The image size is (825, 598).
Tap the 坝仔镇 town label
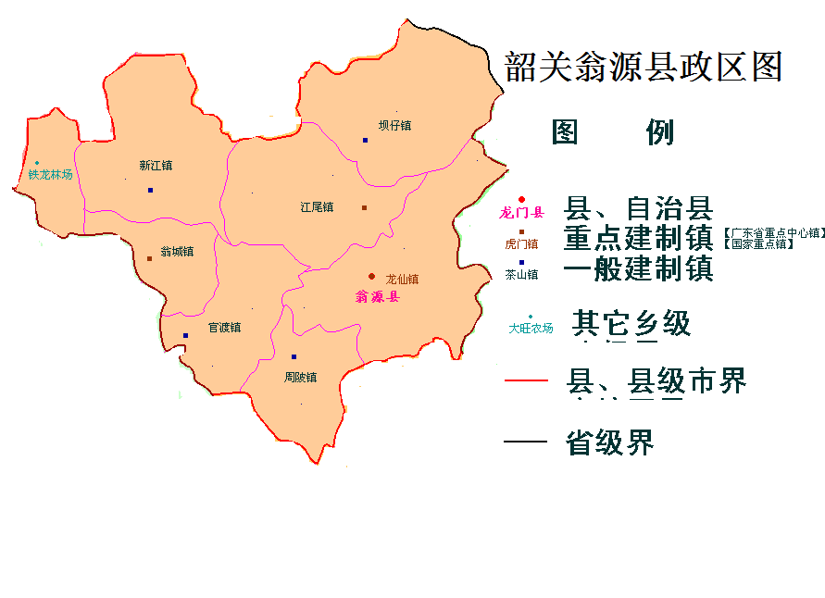coord(394,125)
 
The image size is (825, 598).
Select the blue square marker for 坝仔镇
coord(366,140)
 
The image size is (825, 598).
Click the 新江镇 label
coord(156,167)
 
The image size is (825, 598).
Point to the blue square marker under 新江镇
coord(150,190)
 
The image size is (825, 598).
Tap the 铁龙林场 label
coord(50,174)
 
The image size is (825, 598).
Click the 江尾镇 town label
coord(317,207)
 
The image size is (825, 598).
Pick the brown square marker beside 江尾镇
coord(364,207)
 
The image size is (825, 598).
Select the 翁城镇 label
coord(177,251)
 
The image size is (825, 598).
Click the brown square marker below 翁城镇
coord(149,258)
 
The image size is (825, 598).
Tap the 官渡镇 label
coord(224,328)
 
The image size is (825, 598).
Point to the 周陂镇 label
coord(300,378)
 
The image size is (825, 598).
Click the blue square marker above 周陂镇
coord(294,356)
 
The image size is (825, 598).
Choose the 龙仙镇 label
coord(402,279)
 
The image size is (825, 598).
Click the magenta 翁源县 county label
coord(377,297)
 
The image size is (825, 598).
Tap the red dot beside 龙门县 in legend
coord(521,199)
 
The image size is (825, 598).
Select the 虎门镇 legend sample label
coord(521,244)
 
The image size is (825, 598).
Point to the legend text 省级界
coord(609,442)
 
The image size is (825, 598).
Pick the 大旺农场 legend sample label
coord(531,329)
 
